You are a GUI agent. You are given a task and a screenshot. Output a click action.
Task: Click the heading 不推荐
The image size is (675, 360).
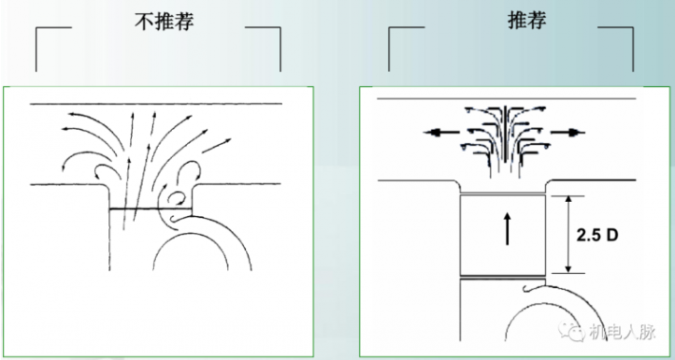165,22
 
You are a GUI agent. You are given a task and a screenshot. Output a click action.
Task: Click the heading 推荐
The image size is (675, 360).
527,21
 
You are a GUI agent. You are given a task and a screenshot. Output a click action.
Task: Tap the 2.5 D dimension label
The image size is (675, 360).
597,235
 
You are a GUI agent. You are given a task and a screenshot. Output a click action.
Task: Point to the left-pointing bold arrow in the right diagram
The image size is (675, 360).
441,133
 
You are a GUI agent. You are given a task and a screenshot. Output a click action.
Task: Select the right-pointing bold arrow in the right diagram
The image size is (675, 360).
567,133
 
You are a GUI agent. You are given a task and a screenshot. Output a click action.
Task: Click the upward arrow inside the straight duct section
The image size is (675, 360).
507,229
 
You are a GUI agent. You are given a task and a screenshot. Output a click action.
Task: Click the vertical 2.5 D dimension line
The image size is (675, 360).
568,235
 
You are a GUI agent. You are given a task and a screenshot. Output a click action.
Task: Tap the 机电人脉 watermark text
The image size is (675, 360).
622,332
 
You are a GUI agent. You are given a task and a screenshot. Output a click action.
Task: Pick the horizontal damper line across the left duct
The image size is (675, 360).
151,209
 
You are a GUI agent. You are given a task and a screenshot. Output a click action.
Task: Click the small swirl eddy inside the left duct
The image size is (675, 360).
177,198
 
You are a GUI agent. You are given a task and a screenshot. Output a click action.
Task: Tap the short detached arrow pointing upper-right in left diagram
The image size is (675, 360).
217,146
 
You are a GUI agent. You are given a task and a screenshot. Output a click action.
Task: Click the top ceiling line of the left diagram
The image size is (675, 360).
156,104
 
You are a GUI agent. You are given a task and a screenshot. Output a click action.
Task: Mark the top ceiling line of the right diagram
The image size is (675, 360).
507,98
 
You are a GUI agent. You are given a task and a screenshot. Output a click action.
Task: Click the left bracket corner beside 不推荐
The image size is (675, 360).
36,28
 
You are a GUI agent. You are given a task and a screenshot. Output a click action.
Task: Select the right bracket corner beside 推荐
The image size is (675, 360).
633,27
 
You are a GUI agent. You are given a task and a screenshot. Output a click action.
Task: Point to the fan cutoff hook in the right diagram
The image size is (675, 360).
528,289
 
